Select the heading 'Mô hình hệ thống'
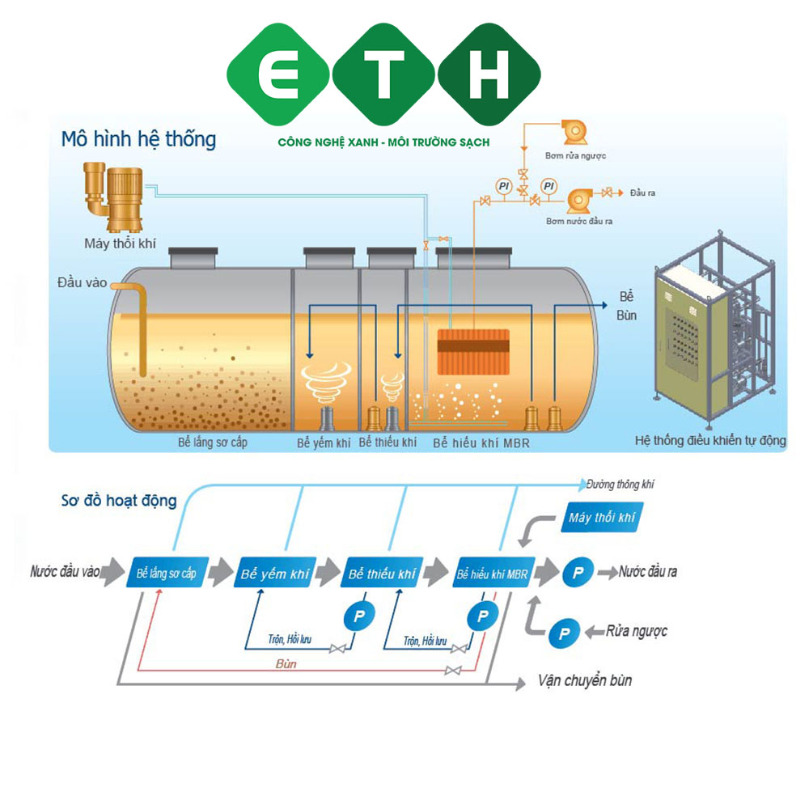138,139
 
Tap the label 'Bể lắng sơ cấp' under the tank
213,443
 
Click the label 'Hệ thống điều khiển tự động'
710,441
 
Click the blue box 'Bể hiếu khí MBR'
492,574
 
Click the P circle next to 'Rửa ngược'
563,631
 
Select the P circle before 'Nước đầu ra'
578,572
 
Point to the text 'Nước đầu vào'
66,572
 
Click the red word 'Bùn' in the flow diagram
286,663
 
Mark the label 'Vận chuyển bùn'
584,680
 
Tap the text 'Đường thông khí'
621,484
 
